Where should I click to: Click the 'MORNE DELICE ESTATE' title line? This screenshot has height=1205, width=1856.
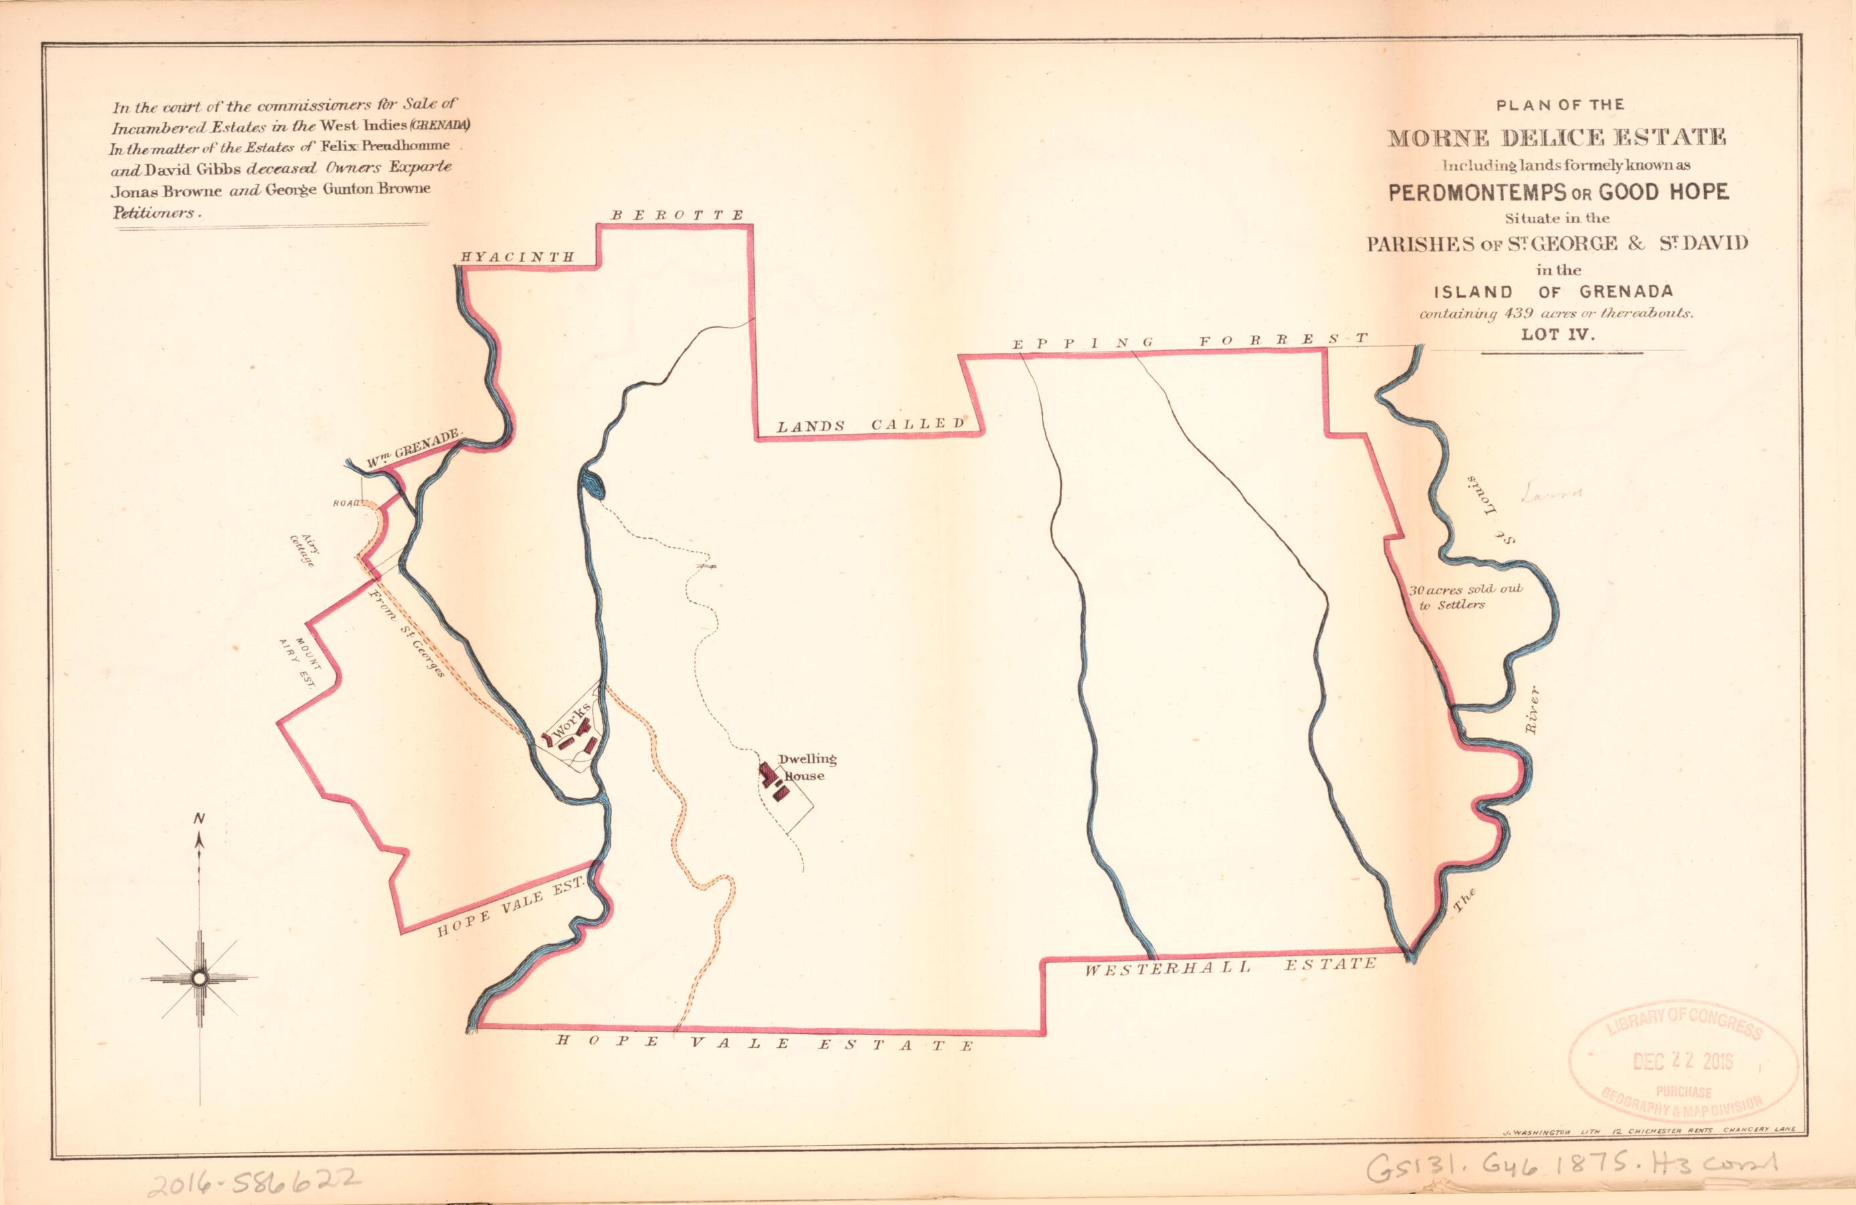pyautogui.click(x=1556, y=138)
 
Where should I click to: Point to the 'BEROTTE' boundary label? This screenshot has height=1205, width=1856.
pyautogui.click(x=677, y=215)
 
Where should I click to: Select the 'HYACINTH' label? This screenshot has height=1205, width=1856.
pyautogui.click(x=518, y=256)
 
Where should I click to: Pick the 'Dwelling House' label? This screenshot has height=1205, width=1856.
pyautogui.click(x=806, y=767)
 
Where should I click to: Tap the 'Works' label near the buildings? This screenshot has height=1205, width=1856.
pyautogui.click(x=570, y=726)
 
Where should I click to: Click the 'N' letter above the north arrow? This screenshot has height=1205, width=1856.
pyautogui.click(x=199, y=818)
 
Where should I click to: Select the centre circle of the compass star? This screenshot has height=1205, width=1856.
pyautogui.click(x=199, y=978)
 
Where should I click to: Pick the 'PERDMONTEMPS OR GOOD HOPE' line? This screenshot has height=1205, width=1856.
pyautogui.click(x=1558, y=192)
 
